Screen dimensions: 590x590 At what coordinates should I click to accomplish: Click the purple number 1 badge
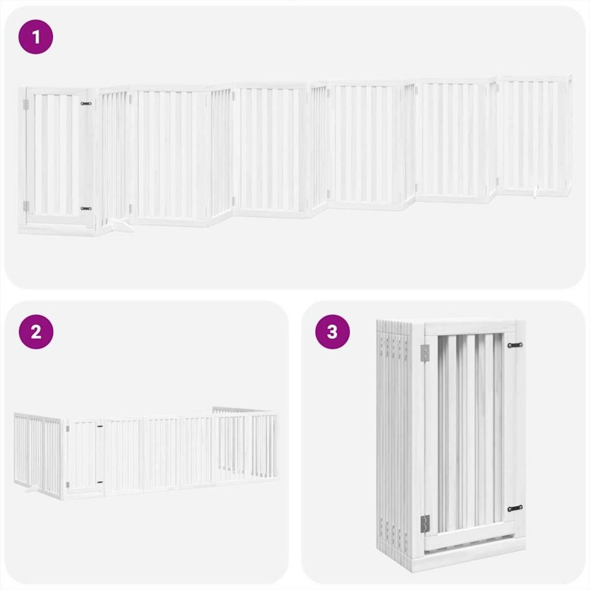35,36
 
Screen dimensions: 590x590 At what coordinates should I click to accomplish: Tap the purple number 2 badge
35,332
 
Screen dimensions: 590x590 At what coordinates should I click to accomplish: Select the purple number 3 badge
332,332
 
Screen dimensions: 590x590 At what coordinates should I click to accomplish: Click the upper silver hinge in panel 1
27,104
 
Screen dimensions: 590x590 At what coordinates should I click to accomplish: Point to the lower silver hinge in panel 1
27,206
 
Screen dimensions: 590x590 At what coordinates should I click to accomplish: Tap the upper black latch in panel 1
86,104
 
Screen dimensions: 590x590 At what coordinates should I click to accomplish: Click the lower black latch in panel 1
86,208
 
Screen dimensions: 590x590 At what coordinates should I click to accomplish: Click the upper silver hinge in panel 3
425,352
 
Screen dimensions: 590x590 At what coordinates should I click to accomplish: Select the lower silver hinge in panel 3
425,523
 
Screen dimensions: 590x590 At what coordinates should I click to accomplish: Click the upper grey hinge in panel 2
67,429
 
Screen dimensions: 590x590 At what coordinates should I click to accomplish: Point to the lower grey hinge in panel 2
67,485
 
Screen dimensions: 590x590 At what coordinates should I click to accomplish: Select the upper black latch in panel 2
100,426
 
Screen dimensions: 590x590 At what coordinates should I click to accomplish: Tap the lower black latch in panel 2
100,483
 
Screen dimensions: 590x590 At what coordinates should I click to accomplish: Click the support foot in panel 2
31,490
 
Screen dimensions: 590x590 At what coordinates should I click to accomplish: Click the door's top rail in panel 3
470,328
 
